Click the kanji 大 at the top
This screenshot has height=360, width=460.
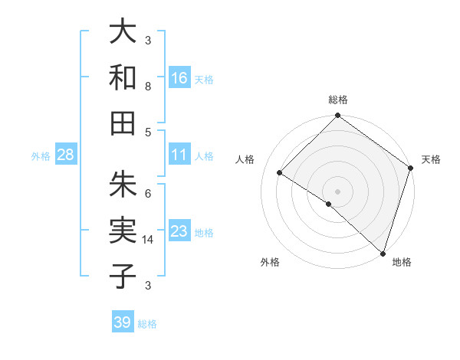123,33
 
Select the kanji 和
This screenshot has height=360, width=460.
123,77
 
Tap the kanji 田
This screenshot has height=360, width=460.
123,122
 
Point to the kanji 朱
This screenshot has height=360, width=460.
123,184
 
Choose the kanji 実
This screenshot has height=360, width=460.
123,230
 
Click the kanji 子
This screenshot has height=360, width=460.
123,275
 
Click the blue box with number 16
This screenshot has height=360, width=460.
179,77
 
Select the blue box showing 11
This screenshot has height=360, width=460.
179,155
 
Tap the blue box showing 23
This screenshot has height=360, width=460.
179,231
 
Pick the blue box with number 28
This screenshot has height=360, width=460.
66,155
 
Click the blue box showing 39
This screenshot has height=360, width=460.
123,322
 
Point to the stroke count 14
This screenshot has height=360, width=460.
149,239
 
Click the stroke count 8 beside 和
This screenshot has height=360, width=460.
148,87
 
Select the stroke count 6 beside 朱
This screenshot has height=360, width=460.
148,193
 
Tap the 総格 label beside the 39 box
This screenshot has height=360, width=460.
147,324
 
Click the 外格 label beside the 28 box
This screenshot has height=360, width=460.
41,156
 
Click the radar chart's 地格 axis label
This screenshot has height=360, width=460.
402,263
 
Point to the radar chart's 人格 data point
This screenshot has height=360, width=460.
280,173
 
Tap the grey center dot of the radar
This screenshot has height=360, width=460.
337,191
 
